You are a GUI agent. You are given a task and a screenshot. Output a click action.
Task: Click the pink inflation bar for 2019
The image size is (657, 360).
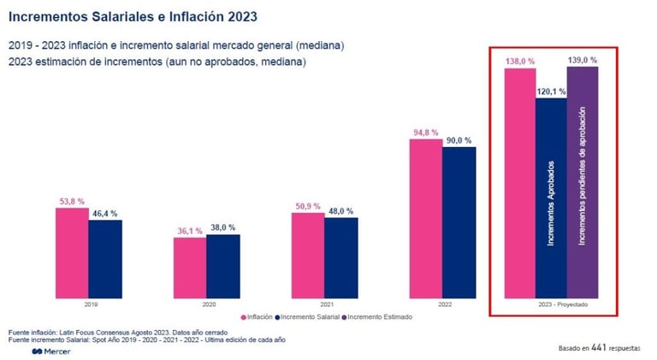(72, 253)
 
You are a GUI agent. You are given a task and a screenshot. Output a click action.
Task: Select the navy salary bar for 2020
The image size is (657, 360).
(222, 266)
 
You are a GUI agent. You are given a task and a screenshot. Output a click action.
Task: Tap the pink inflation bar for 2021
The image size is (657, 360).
(308, 256)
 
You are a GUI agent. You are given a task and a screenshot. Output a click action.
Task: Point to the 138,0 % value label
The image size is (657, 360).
(519, 62)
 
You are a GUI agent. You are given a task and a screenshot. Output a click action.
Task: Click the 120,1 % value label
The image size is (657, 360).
(551, 91)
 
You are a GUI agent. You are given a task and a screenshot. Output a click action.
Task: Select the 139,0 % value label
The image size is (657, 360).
(583, 60)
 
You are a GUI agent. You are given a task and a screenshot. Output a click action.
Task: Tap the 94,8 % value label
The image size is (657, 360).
(424, 133)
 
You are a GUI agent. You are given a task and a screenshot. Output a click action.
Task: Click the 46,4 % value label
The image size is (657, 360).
(105, 213)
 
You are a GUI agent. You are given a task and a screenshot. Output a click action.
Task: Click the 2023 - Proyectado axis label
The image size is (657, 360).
(551, 304)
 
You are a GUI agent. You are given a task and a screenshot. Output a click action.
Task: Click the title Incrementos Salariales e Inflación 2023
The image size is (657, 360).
(133, 16)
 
